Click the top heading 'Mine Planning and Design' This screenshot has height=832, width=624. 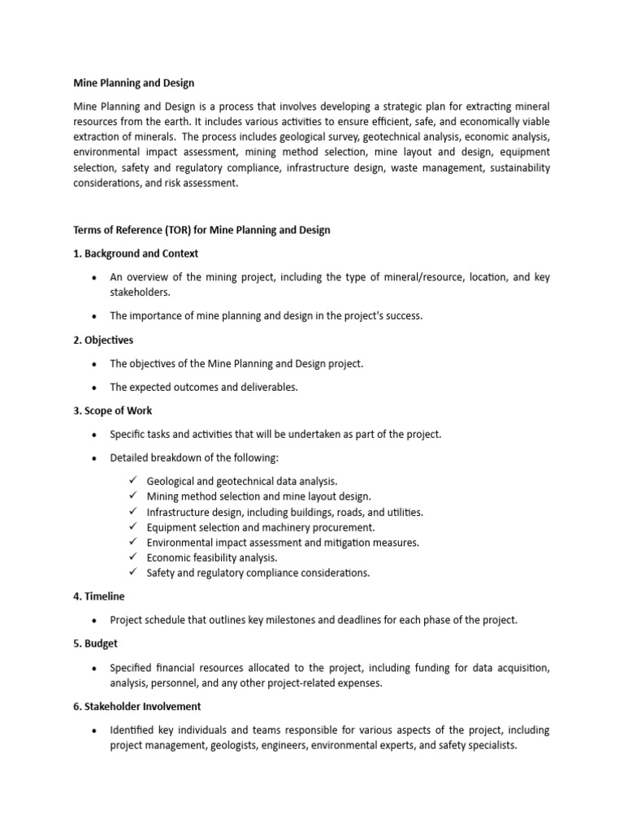(x=134, y=83)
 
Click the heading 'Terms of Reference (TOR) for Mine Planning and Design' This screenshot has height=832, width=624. (x=201, y=230)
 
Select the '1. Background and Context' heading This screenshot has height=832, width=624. (x=136, y=253)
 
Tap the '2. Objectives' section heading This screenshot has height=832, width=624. (x=103, y=340)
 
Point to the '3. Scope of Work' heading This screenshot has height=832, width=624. (x=113, y=410)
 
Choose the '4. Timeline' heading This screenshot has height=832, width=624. (x=99, y=596)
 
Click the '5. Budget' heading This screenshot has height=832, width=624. (x=96, y=643)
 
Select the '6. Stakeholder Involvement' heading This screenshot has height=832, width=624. (x=137, y=706)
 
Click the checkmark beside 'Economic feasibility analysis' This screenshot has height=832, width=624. (x=133, y=557)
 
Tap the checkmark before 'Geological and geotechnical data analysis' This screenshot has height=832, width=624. (x=133, y=481)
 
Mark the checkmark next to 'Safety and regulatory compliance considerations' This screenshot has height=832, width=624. (x=133, y=573)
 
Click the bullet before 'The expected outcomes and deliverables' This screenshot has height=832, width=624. (x=95, y=388)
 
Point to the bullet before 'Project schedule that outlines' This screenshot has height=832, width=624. (x=95, y=621)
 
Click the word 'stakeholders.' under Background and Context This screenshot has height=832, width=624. (x=140, y=292)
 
